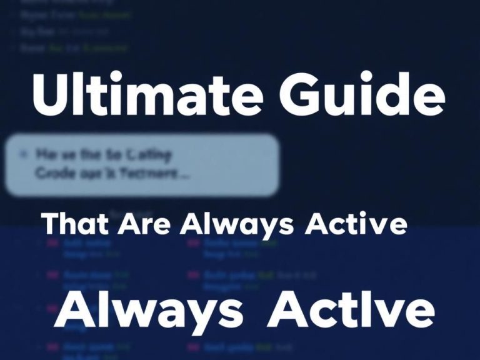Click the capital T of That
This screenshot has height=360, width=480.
[x=50, y=224]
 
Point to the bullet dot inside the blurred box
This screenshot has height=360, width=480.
[x=24, y=152]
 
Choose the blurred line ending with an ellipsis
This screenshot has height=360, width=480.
[x=112, y=175]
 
